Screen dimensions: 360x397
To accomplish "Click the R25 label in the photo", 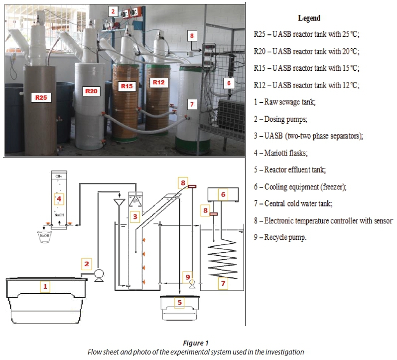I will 41,98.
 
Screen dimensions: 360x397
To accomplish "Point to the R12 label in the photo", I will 158,81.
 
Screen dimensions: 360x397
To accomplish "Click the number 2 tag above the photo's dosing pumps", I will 114,10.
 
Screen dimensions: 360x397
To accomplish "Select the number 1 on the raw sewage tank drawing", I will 45,286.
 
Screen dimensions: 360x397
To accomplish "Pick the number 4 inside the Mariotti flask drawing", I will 59,199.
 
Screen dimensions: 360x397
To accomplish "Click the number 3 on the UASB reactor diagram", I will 134,216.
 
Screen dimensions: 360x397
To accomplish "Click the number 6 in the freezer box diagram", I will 223,194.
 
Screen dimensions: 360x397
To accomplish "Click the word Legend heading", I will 309,18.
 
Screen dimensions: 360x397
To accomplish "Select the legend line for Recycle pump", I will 280,237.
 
